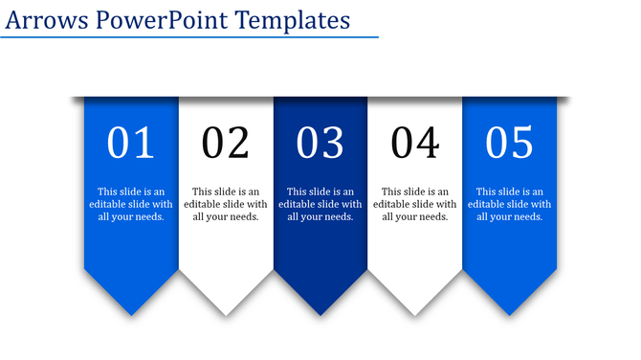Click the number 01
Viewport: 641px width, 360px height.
coord(131,143)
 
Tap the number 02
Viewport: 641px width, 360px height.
coord(226,143)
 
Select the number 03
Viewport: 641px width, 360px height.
coord(320,143)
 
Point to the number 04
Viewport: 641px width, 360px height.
coord(415,143)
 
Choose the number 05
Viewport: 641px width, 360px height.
coord(509,143)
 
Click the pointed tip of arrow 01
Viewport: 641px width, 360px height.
coord(131,314)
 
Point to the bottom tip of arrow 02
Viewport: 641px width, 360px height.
coord(226,314)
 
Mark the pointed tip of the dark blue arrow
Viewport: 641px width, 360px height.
coord(320,314)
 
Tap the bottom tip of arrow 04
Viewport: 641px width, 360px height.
coord(415,314)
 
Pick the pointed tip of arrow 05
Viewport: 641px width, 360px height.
coord(509,314)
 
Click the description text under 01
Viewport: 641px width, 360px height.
coord(131,204)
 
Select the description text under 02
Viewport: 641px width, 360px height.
coord(226,204)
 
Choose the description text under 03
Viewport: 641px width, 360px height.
coord(320,204)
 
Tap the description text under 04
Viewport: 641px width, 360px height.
coord(415,204)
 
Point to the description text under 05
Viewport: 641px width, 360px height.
coord(509,204)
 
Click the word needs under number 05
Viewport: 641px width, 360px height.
coord(528,216)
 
